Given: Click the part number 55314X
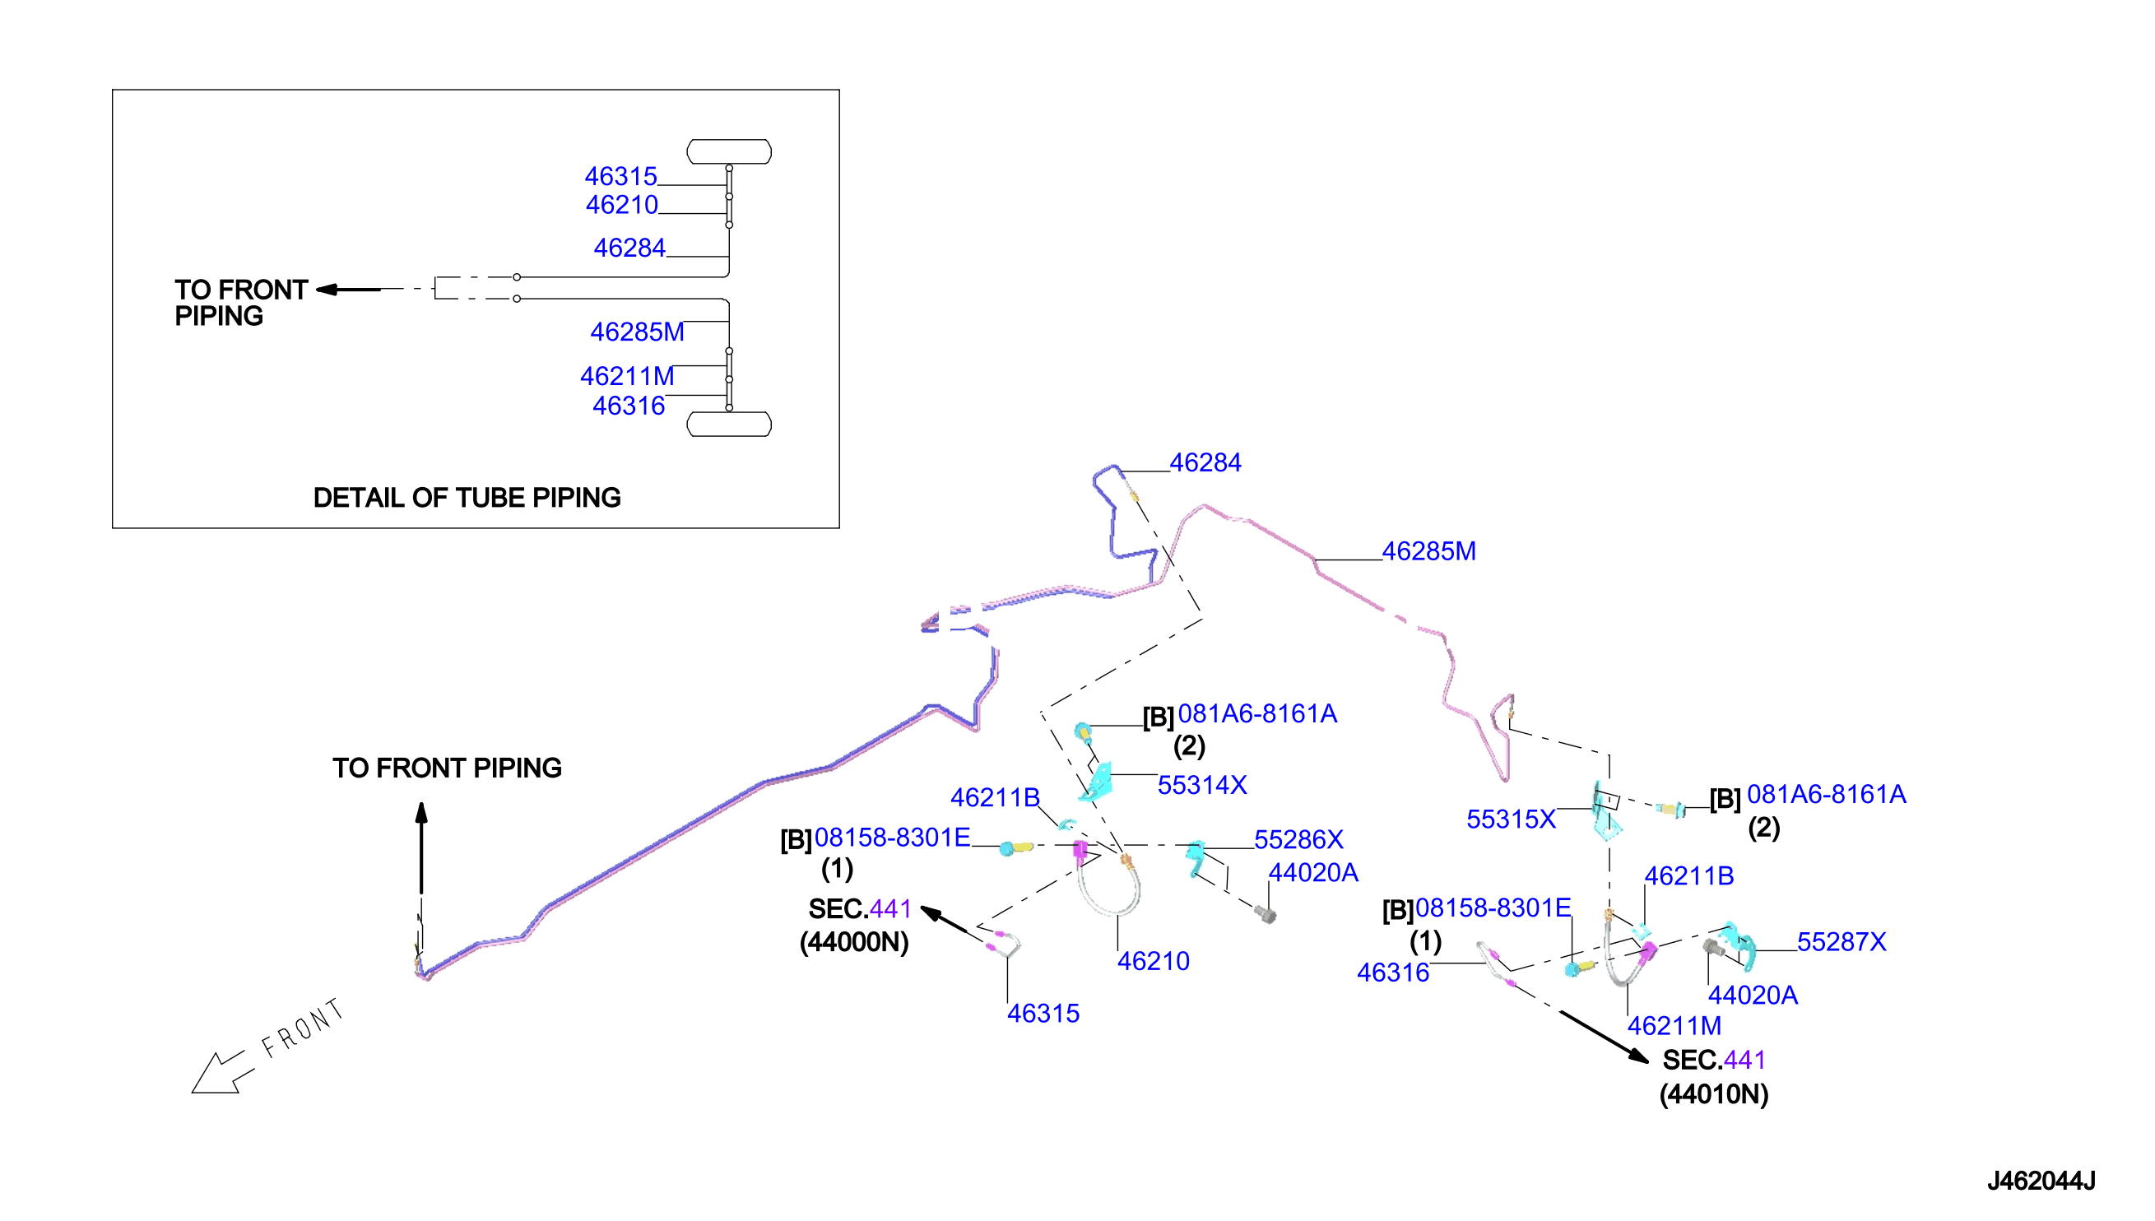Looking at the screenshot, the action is click(x=1201, y=785).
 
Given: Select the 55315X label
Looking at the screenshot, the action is click(x=1510, y=819).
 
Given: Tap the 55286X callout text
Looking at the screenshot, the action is click(x=1298, y=839).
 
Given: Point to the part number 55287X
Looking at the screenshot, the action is click(x=1841, y=942).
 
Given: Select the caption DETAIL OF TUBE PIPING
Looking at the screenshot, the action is click(x=467, y=497).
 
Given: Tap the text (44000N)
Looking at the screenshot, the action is click(x=853, y=943).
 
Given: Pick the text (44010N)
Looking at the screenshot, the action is click(x=1713, y=1094).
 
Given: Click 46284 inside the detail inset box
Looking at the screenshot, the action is click(x=629, y=248).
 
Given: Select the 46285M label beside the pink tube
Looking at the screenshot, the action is click(x=1428, y=551).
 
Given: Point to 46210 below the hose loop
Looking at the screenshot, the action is click(x=1153, y=961).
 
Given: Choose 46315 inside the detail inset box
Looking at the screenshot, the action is click(x=620, y=176).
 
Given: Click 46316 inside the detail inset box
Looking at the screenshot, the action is click(x=628, y=406).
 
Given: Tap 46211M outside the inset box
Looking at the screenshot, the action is click(x=1674, y=1026).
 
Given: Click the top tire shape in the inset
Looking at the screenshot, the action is click(x=729, y=151).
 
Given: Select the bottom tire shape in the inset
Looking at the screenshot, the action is click(x=729, y=425).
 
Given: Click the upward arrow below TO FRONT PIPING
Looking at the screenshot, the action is click(x=421, y=847).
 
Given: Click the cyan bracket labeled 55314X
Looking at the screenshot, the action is click(x=1097, y=782).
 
